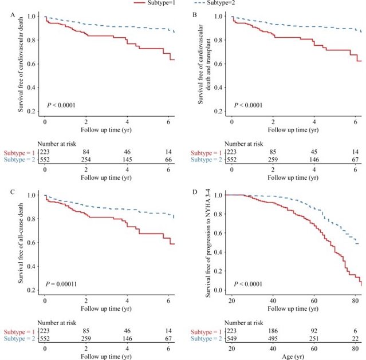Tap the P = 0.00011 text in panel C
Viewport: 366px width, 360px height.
click(x=62, y=284)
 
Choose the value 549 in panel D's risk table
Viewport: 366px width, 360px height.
click(x=232, y=339)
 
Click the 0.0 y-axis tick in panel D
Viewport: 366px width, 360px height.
click(x=217, y=290)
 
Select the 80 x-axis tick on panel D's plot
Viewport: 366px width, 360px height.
click(x=355, y=301)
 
